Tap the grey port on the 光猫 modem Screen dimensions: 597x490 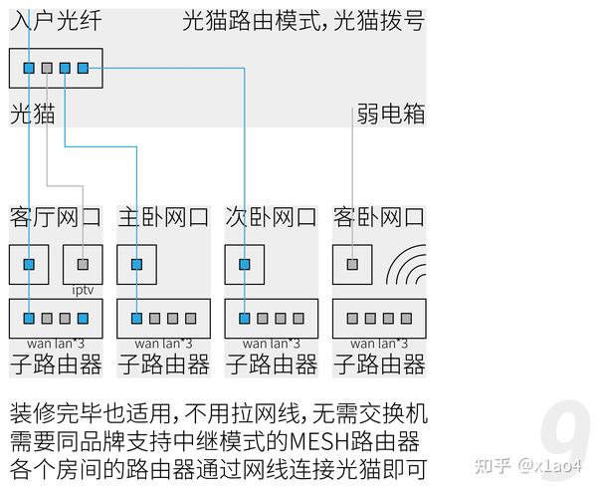47,68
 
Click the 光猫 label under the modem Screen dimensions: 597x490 32,115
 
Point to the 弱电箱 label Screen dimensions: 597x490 391,115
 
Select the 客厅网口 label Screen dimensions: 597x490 56,217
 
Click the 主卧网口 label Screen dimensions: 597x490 163,217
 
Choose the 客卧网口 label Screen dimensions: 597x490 378,217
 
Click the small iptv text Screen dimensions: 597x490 83,290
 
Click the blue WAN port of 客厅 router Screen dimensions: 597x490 30,319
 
